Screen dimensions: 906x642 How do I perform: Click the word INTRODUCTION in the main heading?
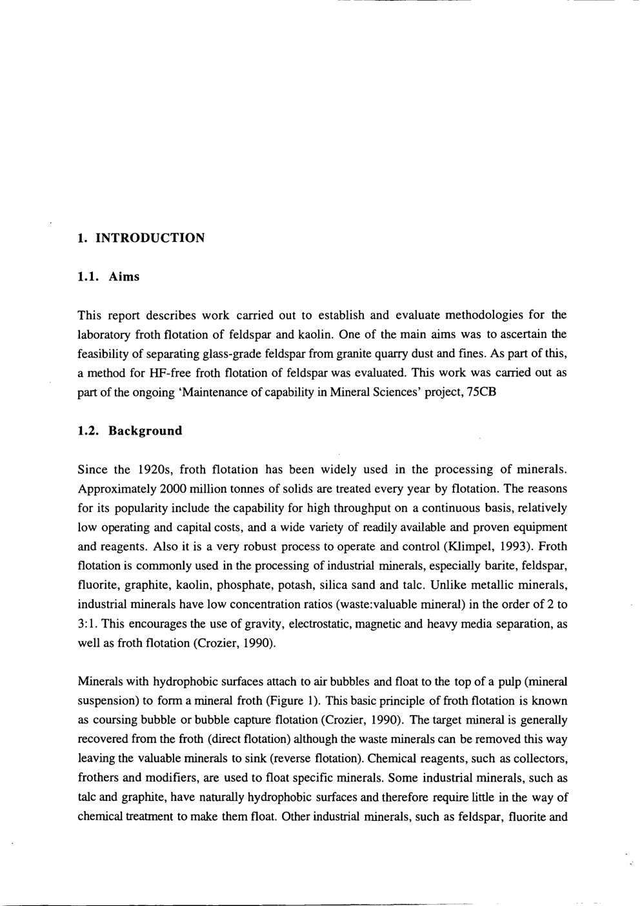[x=150, y=238]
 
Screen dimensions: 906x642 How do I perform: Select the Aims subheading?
[x=124, y=277]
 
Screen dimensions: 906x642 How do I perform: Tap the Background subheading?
[x=145, y=431]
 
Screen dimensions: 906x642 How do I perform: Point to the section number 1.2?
[x=87, y=431]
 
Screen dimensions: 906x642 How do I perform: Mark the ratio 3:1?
[x=88, y=624]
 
